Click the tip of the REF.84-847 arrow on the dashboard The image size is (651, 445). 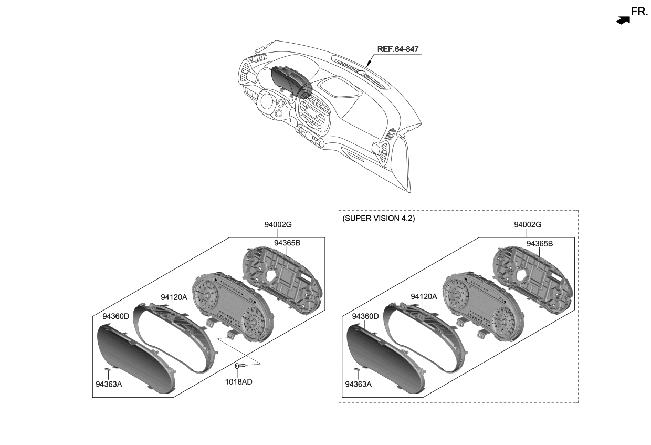coord(367,67)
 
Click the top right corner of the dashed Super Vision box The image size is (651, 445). coord(578,210)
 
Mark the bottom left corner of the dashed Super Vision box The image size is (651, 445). coord(339,402)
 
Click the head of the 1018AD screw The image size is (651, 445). coord(237,366)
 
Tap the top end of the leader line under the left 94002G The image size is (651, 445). coord(277,229)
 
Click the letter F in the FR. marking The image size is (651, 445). coord(634,12)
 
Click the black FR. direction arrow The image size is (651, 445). coord(623,20)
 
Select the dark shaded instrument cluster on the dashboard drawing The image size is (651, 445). coord(291,82)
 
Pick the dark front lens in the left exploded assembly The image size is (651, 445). coord(136,359)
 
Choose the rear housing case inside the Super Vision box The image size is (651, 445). coord(532,280)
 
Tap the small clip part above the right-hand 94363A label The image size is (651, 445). coord(357,369)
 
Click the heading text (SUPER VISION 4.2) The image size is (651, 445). coord(379,218)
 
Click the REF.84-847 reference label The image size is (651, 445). coord(398,49)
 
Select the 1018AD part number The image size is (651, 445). coord(238,382)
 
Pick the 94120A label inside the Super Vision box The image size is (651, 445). coord(424,297)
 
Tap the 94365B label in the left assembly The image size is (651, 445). coord(287,243)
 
